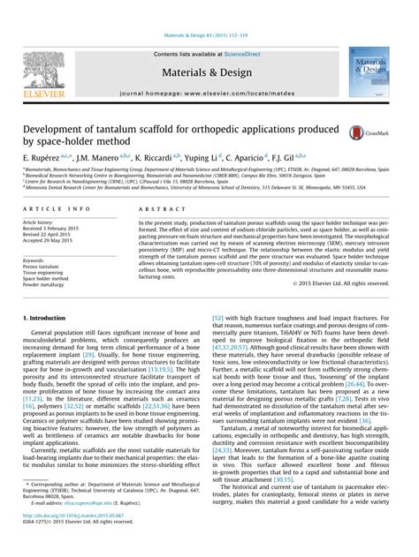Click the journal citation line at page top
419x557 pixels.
209,11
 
